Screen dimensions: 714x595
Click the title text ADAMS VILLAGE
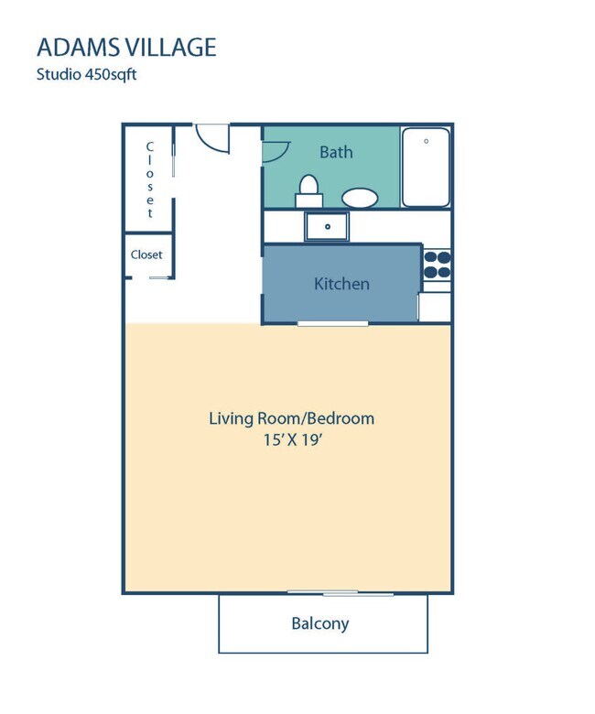tap(126, 47)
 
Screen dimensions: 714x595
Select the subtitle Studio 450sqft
tap(87, 75)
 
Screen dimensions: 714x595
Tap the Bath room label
tap(336, 152)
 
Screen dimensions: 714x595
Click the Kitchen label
tap(341, 284)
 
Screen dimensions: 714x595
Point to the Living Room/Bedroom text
tap(291, 418)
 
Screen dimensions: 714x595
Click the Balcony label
tap(319, 624)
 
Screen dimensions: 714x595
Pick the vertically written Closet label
tap(150, 179)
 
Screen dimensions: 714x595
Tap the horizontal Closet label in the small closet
tap(146, 254)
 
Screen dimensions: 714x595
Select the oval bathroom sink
tap(359, 198)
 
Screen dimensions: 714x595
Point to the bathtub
tap(426, 168)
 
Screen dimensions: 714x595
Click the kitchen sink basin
tap(327, 225)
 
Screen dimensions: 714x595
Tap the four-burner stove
tap(437, 265)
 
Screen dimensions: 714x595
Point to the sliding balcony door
tap(341, 593)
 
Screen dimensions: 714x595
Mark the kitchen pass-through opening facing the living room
tap(332, 323)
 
